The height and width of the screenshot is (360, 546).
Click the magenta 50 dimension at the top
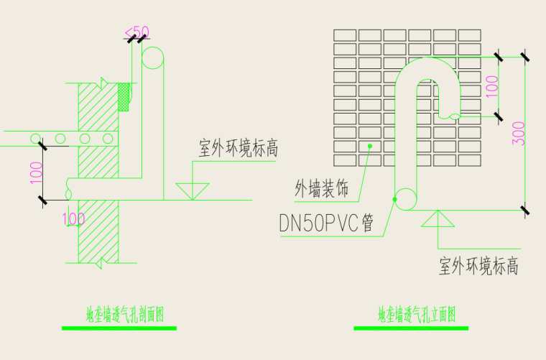tap(138, 32)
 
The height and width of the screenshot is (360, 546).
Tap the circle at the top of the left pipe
tap(153, 58)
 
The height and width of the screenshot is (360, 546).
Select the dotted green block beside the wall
tap(124, 97)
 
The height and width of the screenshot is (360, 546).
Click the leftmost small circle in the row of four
tap(34, 137)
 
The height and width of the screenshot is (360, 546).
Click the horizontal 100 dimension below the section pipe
tap(74, 217)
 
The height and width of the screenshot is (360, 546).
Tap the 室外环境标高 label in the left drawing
tap(238, 149)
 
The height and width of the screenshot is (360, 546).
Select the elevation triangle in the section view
tap(193, 191)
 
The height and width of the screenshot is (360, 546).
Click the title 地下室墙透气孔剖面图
tap(126, 314)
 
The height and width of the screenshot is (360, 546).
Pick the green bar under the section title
tap(119, 328)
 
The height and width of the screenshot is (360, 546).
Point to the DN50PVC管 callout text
tap(327, 223)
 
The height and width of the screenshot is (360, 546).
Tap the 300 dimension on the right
tap(519, 134)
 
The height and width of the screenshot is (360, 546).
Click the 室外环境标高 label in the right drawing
tap(478, 267)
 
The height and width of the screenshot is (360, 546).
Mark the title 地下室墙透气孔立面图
tap(417, 314)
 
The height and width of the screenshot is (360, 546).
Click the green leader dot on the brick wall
tap(370, 147)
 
